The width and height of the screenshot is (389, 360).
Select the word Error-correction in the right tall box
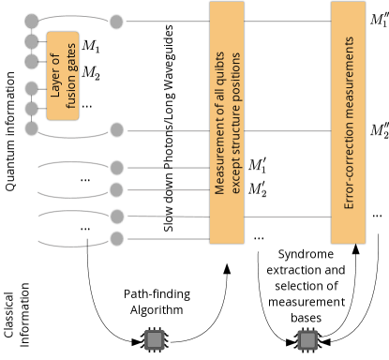coord(349,171)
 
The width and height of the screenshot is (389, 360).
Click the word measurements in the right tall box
coord(349,83)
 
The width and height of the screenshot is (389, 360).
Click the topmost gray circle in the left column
coord(32,21)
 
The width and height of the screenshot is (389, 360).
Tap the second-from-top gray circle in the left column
coord(32,42)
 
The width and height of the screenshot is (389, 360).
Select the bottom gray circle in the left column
coord(32,128)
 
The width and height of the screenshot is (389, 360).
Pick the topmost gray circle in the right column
coord(116,22)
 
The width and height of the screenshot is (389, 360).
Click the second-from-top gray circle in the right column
coord(116,130)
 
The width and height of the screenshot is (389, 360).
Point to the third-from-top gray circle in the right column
coord(116,168)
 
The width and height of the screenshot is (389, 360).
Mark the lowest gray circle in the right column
coord(116,239)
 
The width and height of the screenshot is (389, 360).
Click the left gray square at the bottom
coord(155,339)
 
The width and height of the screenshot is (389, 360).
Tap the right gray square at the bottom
coord(307,339)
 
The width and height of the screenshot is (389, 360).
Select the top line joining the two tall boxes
coord(287,21)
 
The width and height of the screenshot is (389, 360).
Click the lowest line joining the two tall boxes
coord(287,217)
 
